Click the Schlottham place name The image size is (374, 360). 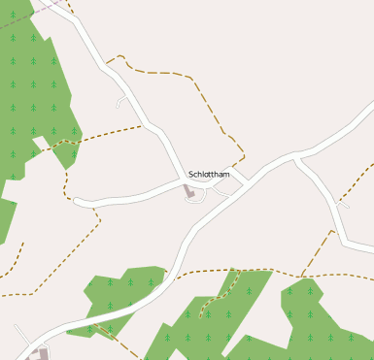pos(209,175)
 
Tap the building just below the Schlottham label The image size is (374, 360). pos(190,192)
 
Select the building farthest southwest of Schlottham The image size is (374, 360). pos(39,353)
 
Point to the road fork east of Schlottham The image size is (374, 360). pos(297,158)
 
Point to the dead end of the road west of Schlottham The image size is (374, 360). pos(76,201)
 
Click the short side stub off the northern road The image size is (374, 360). pos(120,101)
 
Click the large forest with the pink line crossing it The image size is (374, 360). pos(29,87)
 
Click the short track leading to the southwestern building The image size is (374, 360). pos(21,335)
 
